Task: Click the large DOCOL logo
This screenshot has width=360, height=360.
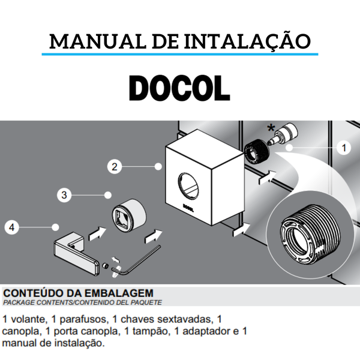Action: pos(179,89)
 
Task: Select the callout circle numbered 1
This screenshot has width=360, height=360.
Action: pos(344,147)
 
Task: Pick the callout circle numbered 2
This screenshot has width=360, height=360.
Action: pos(114,167)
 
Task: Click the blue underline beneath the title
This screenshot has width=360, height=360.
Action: pos(179,55)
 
